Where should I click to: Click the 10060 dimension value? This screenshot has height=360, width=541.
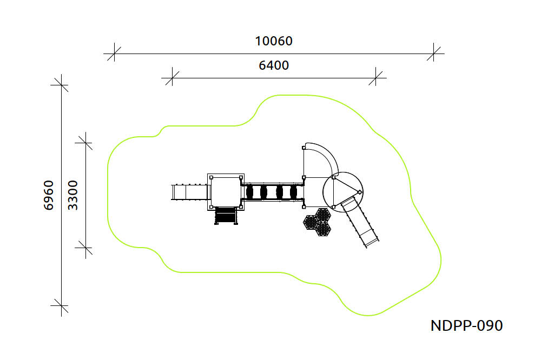coord(274,41)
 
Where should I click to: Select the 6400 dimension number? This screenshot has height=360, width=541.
coord(274,65)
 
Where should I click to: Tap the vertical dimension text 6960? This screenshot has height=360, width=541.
coord(49,195)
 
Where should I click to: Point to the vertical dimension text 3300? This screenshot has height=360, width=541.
coord(73,195)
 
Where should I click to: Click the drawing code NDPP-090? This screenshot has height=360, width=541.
coord(466,325)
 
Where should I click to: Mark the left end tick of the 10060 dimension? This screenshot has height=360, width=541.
coord(114,54)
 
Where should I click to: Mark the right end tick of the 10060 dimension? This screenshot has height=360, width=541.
coord(434,54)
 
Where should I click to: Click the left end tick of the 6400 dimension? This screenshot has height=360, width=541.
coord(172,78)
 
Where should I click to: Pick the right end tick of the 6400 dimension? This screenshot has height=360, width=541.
coord(376,78)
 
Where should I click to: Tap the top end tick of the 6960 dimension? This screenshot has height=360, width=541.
coord(62,84)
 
